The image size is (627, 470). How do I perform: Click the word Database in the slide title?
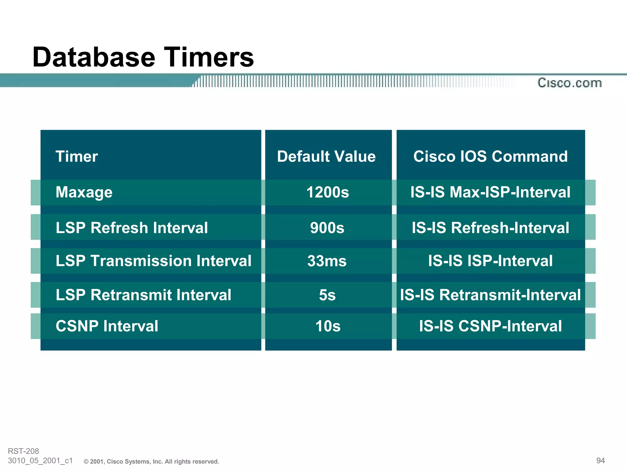point(94,57)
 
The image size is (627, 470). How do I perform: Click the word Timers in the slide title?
point(210,57)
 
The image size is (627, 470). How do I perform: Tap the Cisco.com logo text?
point(569,83)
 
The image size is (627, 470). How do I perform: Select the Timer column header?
point(77,157)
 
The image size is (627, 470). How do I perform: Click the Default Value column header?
point(326,157)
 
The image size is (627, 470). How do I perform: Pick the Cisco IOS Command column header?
point(490,157)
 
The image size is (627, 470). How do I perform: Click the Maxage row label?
point(84,192)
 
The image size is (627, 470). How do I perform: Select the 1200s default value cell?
point(328,192)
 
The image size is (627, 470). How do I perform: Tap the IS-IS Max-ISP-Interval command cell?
point(490,192)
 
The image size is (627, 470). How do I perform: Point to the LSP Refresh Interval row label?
point(132,228)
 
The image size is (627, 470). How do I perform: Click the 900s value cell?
point(327,228)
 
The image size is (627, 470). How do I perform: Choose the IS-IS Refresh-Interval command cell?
point(490,228)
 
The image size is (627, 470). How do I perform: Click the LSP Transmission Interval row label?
point(153,261)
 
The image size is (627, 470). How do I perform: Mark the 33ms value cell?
point(327,261)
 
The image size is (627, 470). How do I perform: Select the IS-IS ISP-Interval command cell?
point(490,261)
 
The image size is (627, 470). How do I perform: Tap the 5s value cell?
point(327,295)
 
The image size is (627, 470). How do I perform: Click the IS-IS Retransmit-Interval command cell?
point(490,295)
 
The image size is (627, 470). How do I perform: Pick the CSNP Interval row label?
point(107,326)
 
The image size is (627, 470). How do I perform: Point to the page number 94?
point(600,461)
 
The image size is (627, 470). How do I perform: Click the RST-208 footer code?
point(23,451)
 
